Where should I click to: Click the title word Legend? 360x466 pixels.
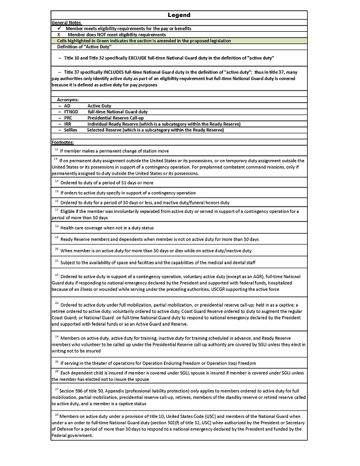(179, 15)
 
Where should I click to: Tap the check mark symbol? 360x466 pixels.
(59, 29)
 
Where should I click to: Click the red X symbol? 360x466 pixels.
(59, 34)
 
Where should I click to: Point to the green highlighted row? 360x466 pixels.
(179, 41)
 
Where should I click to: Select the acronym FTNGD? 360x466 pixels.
(71, 112)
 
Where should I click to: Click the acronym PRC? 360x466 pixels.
(68, 118)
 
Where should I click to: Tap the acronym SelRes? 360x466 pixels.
(70, 130)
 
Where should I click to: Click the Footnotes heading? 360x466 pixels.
(62, 142)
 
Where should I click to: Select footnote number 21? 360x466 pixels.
(57, 261)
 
